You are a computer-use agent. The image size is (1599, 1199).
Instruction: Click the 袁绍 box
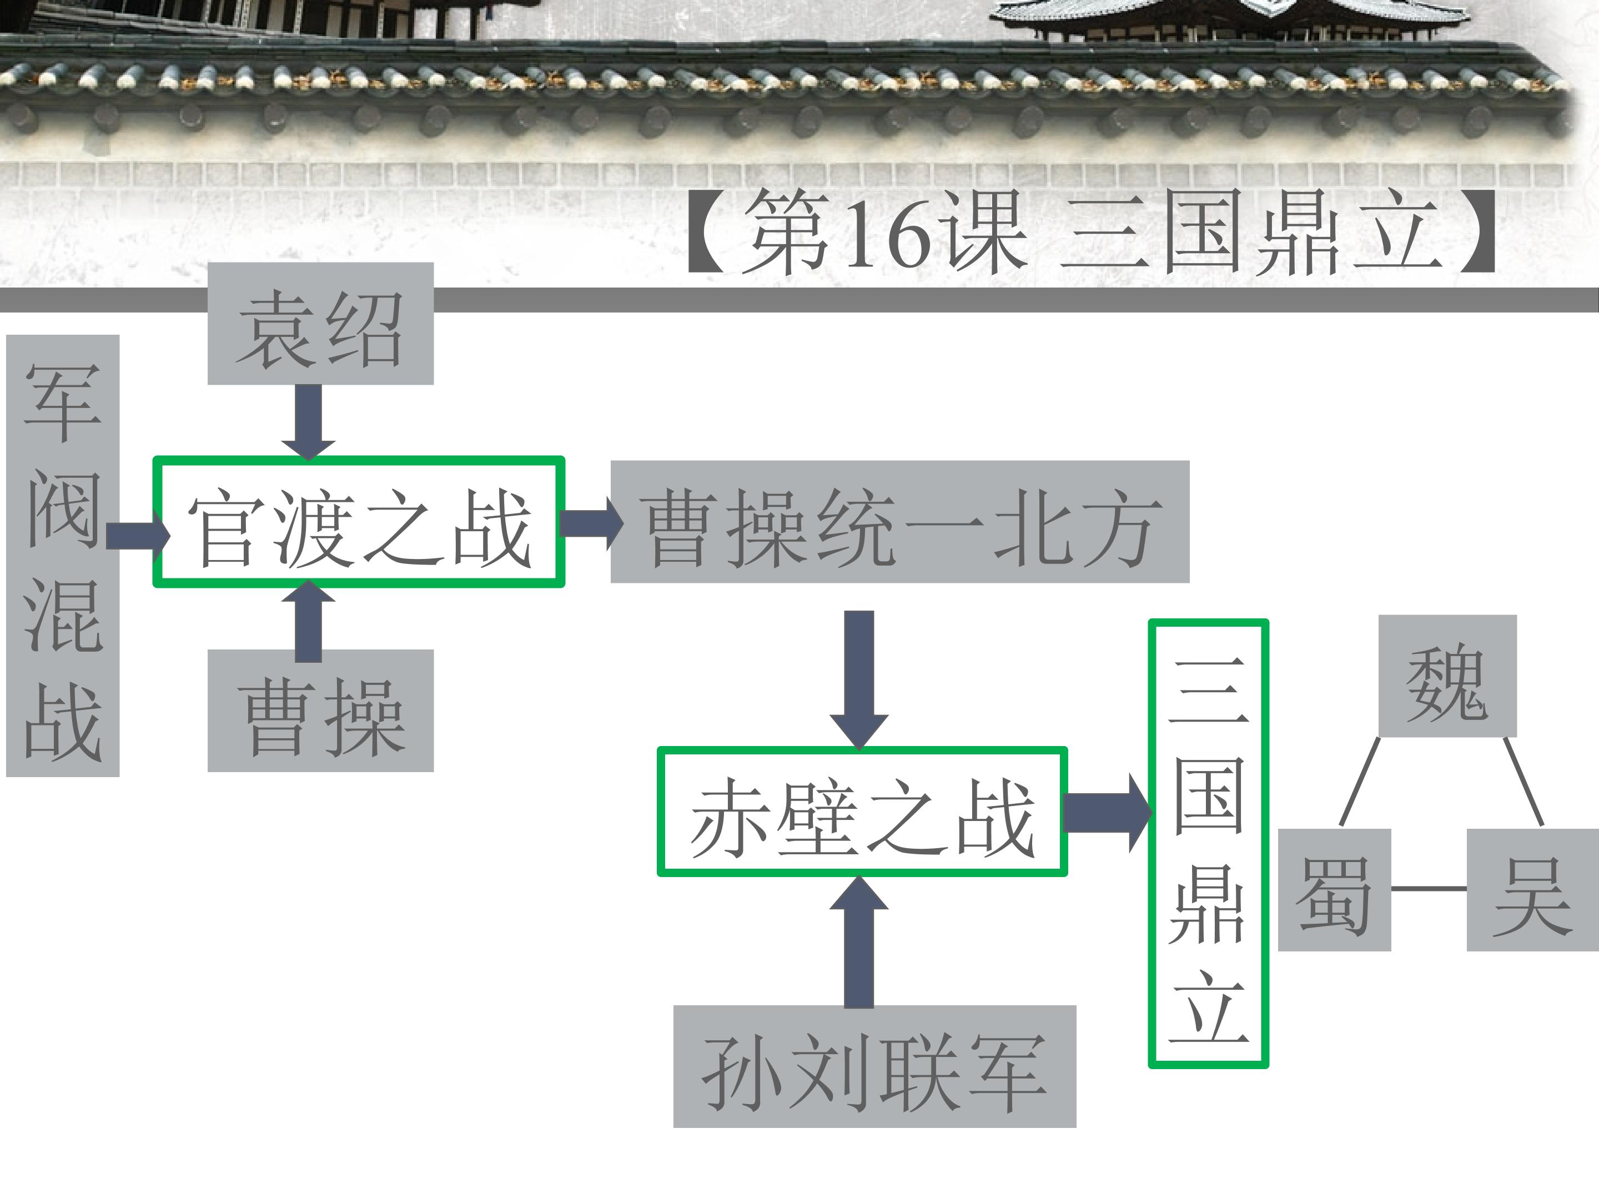pos(320,323)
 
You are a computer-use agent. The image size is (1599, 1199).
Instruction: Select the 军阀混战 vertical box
pos(63,556)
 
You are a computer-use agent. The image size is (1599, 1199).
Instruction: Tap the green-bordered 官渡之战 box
pos(359,522)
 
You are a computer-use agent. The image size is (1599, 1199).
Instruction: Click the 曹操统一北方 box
pos(900,522)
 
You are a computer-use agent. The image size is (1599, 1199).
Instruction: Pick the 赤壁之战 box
pos(862,812)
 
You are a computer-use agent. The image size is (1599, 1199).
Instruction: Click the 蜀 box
pos(1334,890)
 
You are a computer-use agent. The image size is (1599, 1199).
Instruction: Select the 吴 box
pos(1532,890)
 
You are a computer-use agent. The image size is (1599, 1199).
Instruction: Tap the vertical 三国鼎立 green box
pos(1209,843)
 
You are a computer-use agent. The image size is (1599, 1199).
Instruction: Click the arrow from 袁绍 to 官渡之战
pos(309,421)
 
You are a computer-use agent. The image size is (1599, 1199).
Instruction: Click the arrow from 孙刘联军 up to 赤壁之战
pos(859,941)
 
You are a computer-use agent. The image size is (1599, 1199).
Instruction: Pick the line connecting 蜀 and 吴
pos(1429,888)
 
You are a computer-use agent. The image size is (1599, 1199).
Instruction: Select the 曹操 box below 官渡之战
pos(320,711)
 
